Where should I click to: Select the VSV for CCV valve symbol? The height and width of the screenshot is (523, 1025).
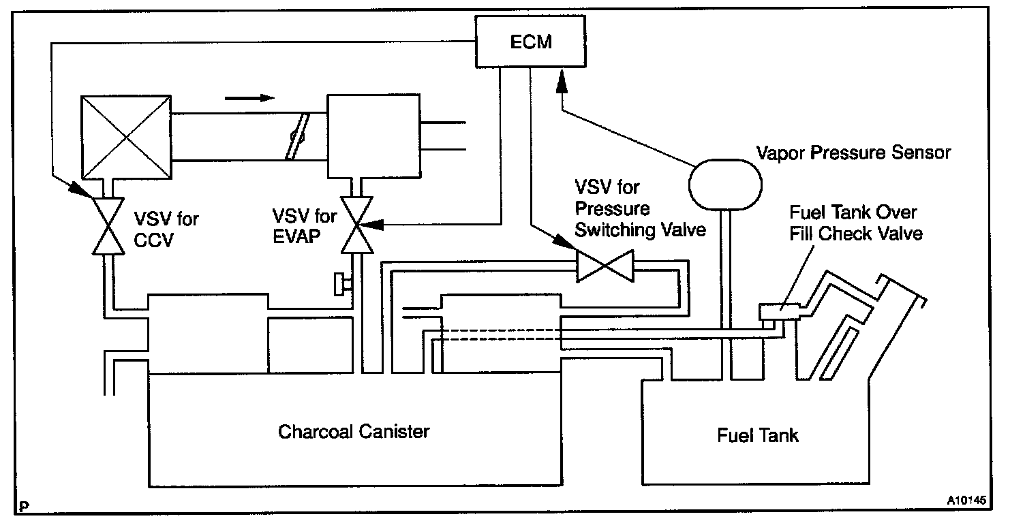click(x=108, y=226)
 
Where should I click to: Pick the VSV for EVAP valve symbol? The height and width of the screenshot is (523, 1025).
click(x=357, y=225)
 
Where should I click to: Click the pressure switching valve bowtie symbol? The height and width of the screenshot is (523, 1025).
click(x=605, y=266)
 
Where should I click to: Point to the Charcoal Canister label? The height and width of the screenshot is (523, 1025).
click(x=354, y=432)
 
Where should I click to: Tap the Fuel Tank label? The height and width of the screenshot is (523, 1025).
click(x=758, y=435)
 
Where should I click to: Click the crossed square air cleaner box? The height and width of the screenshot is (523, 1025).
click(x=126, y=137)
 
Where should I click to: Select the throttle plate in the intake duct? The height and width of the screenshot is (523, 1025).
click(x=297, y=136)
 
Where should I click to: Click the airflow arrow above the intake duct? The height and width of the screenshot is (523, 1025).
click(x=249, y=98)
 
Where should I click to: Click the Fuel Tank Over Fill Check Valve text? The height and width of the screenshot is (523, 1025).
click(x=856, y=223)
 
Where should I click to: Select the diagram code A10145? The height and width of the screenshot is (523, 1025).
click(x=966, y=500)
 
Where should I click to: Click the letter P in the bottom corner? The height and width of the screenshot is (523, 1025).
click(x=24, y=507)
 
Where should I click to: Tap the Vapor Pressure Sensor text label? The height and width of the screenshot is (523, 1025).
click(x=853, y=153)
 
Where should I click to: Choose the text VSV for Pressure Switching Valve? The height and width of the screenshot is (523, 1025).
click(x=640, y=208)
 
